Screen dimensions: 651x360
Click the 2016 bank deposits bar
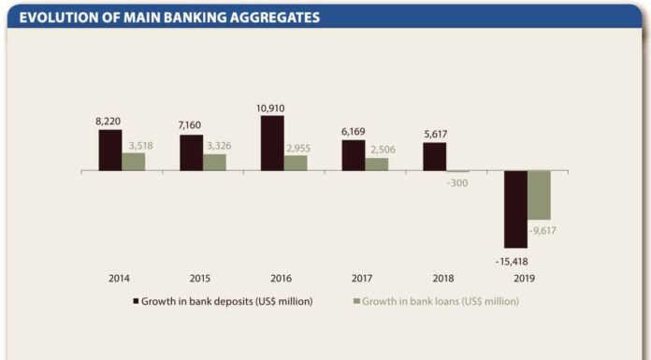point(272,143)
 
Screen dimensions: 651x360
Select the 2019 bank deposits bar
point(515,209)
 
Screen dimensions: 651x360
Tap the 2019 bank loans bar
point(539,195)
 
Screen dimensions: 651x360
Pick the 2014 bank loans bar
point(133,162)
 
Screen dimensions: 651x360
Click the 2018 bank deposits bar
point(435,156)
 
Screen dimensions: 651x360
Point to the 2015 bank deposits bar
point(192,152)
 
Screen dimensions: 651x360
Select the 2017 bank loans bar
point(377,165)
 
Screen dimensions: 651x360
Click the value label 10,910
point(270,108)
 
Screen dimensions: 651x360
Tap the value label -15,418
point(512,262)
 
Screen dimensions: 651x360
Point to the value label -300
point(457,183)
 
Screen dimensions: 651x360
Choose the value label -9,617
point(542,231)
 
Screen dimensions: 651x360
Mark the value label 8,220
point(108,122)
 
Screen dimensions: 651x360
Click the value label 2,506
point(383,150)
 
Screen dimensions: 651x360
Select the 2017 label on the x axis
point(362,279)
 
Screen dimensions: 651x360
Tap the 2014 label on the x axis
point(119,279)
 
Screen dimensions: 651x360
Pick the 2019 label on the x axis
point(525,279)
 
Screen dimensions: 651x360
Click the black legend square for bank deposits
point(136,301)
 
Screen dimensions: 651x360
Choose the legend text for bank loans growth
point(441,301)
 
